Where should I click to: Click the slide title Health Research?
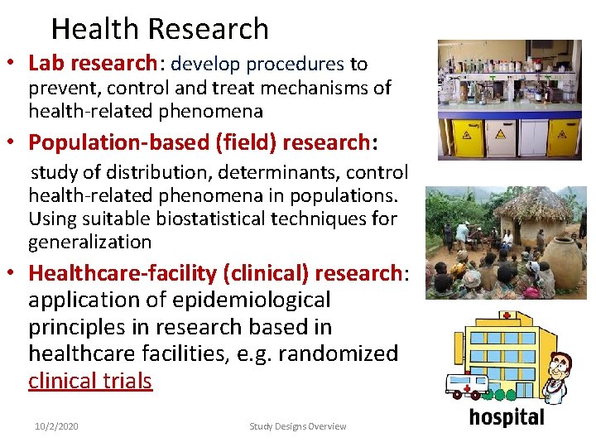click(x=160, y=29)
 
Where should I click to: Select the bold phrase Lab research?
click(x=92, y=64)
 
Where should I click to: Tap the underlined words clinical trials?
click(x=90, y=381)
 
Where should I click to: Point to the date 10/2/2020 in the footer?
click(x=56, y=426)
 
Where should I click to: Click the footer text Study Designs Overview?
click(x=298, y=426)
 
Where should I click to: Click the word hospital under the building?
click(x=507, y=417)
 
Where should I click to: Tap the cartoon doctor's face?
click(x=562, y=364)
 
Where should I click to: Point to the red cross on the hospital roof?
click(x=505, y=316)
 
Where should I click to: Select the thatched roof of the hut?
click(x=534, y=204)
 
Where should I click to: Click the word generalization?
click(x=90, y=243)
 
